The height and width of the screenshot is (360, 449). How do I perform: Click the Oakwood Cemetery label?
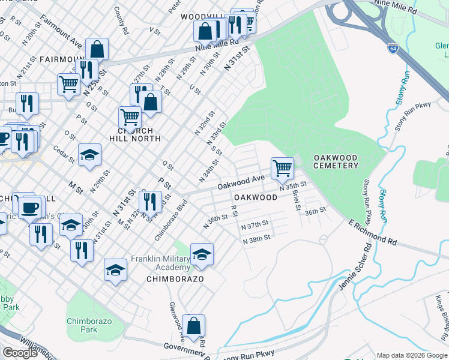(336, 161)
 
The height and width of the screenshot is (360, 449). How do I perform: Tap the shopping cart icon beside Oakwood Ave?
(282, 169)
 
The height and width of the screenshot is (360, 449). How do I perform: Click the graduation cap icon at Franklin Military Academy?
(202, 254)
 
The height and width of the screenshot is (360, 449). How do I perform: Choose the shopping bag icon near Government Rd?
(193, 326)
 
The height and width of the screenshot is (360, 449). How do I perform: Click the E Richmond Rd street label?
(372, 232)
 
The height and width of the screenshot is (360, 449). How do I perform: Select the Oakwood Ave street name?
(241, 179)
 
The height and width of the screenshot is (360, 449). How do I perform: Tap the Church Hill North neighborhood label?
(139, 134)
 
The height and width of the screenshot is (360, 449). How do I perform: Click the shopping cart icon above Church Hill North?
(130, 118)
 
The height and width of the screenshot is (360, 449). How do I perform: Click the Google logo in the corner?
(20, 353)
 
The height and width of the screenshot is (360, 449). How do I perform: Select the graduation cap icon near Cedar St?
(89, 155)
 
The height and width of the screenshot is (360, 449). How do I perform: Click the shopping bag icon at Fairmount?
(97, 50)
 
